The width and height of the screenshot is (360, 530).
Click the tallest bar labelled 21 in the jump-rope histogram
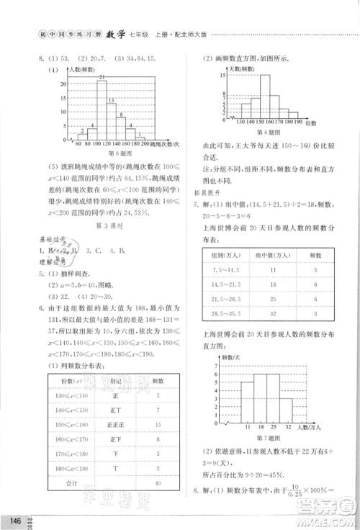pyautogui.click(x=102, y=108)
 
